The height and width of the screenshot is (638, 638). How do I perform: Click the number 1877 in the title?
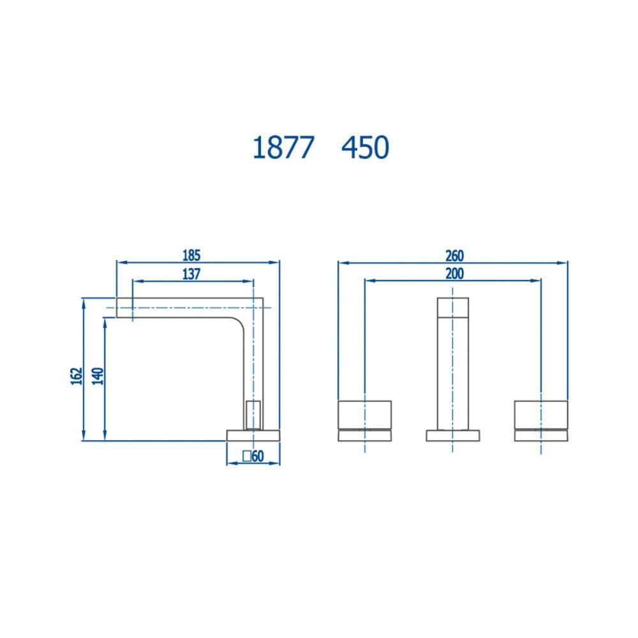coord(283,148)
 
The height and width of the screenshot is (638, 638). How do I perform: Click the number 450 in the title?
coord(365,148)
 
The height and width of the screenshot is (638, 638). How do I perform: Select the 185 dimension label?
coord(191,255)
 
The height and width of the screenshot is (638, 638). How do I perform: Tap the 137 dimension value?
coord(191,274)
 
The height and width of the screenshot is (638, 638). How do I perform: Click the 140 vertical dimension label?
coord(98,376)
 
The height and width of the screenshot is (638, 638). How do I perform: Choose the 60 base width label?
coord(258,456)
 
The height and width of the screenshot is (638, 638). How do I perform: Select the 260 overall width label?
coord(454,255)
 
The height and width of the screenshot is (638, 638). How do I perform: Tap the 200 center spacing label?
coord(454,274)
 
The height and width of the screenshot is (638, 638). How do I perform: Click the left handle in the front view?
coord(364,415)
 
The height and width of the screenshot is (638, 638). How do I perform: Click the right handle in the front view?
coord(541,415)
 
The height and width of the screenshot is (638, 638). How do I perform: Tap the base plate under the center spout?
coord(452,436)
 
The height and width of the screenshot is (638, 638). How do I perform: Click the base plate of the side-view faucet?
coord(253,435)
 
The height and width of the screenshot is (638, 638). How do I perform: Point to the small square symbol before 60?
coord(246,456)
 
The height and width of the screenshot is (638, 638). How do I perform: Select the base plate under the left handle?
coord(364,436)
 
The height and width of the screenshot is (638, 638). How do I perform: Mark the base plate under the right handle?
coord(541,436)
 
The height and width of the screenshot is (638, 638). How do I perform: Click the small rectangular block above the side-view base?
coord(253,415)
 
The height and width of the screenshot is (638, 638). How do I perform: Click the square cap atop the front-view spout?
coord(452,307)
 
